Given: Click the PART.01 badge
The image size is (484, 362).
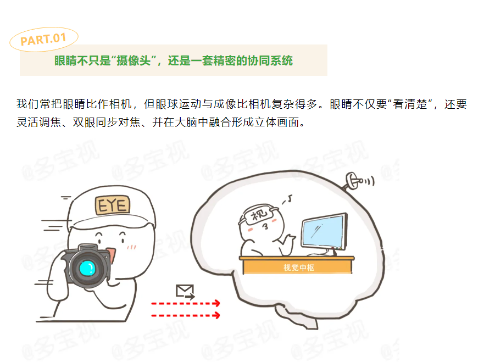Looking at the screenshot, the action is point(44,39).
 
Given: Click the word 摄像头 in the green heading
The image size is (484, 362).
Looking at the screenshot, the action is point(133,60).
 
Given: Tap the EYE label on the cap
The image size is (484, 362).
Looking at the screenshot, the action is point(113,205).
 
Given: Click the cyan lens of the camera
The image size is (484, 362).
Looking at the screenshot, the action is point(88,268).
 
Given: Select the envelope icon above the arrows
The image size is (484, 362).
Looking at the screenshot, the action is point(185,292).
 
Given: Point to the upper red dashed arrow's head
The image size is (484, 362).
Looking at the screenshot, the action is point(218,303).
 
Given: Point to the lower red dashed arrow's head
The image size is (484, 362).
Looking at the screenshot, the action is point(218,315).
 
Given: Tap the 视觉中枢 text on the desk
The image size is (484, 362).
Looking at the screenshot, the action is point(298,268).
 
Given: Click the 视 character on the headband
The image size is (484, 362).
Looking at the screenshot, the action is point(259,214).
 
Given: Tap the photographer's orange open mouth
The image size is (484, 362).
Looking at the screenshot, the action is point(111,254).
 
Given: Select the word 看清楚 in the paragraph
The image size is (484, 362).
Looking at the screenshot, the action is point(410,104).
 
